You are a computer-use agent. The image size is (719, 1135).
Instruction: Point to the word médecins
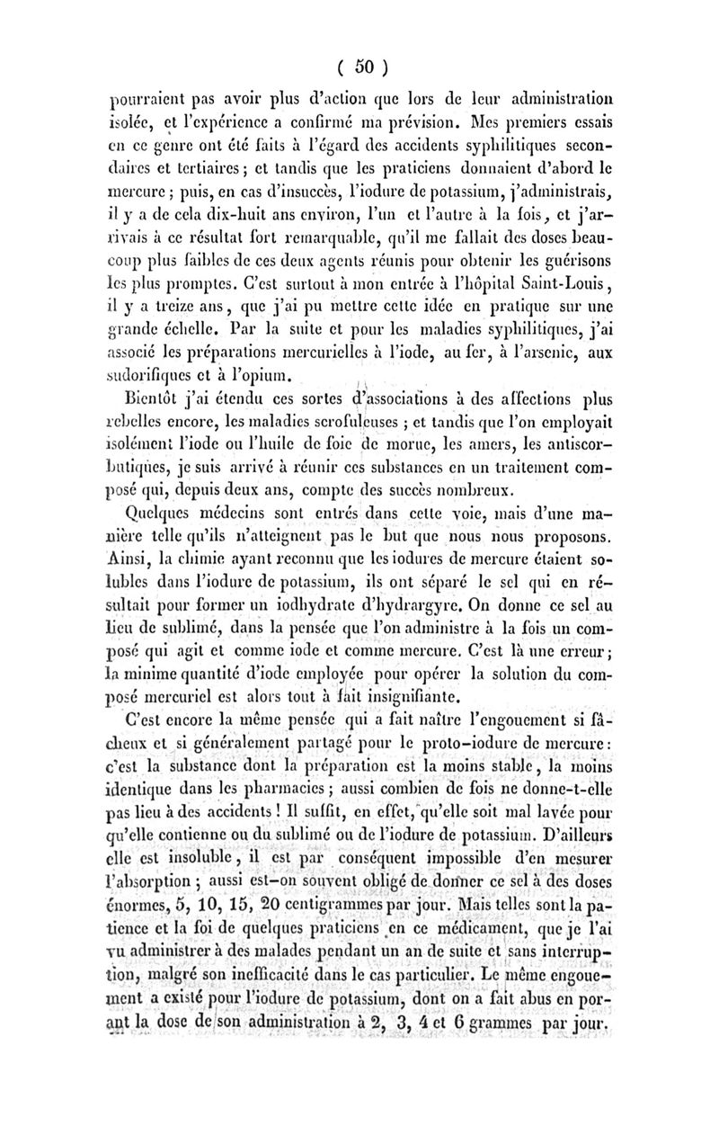tap(237, 542)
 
